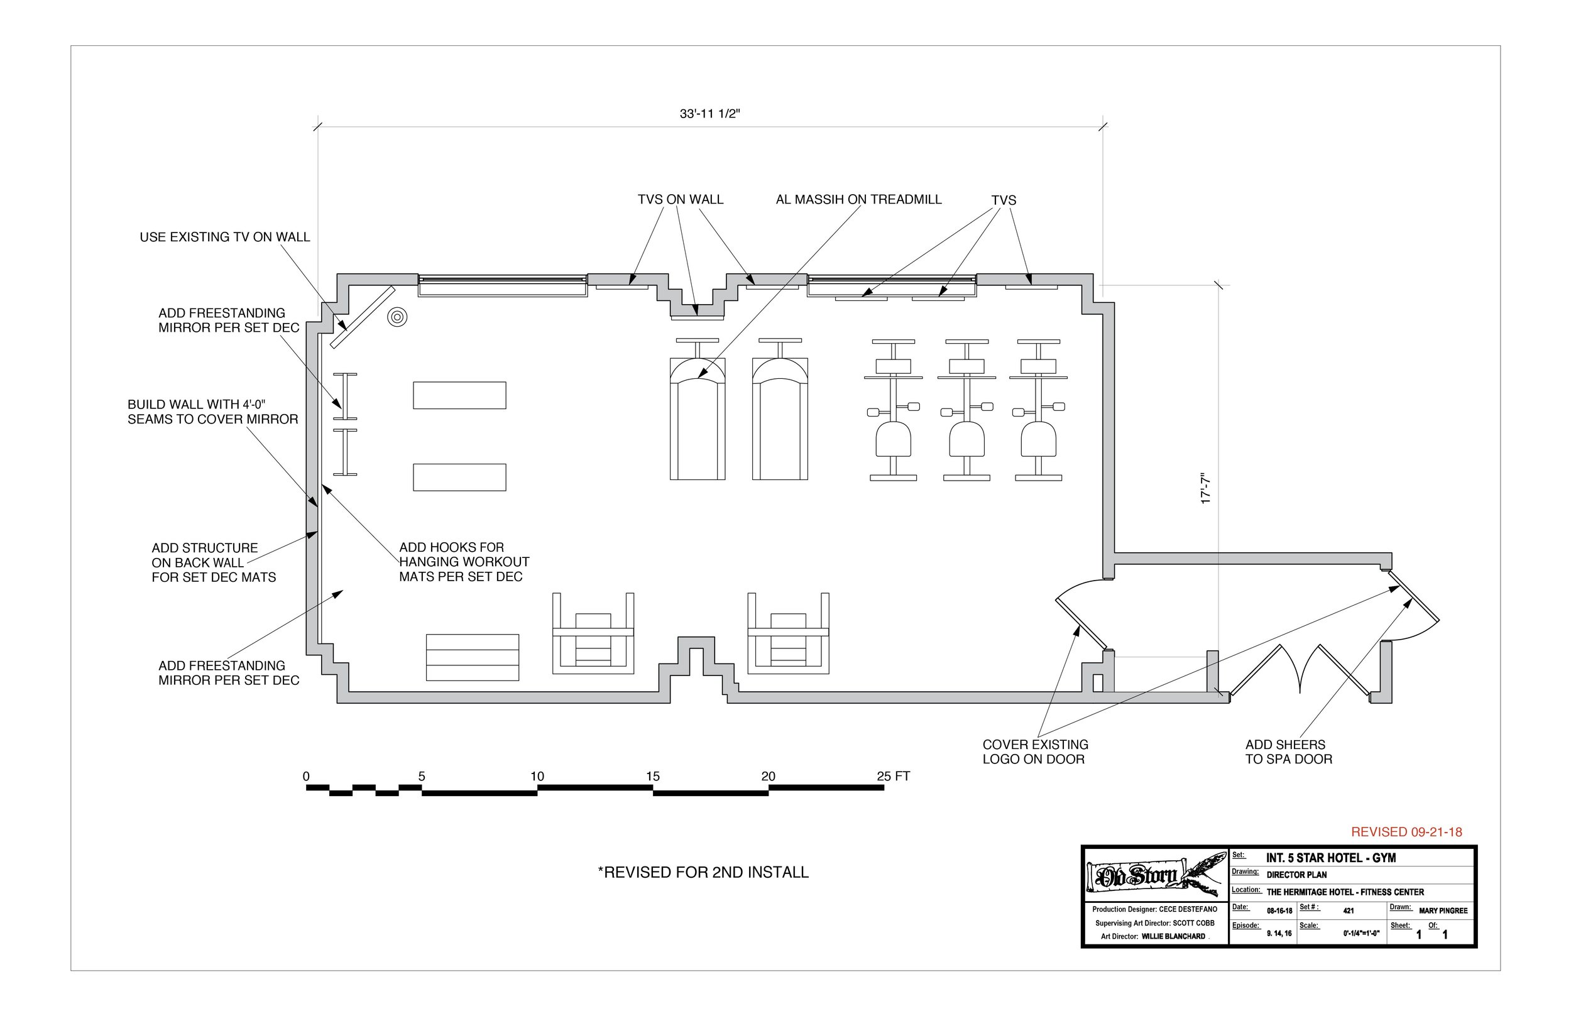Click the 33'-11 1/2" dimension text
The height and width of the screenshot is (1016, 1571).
(709, 114)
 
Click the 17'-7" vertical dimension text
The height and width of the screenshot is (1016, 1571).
(1205, 489)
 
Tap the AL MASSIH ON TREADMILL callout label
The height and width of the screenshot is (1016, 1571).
(858, 199)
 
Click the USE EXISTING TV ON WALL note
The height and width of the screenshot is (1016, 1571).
(224, 237)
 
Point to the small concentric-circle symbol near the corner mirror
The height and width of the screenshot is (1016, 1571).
(397, 317)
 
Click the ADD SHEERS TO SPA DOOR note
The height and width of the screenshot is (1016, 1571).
(1288, 751)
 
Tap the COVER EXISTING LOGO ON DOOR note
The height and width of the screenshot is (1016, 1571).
(1034, 751)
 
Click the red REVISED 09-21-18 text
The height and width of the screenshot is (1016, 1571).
(1406, 832)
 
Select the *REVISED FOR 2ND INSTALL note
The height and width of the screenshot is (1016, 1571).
(703, 872)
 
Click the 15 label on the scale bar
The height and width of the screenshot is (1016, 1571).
(652, 777)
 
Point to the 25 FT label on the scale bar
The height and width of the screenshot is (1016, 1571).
(893, 777)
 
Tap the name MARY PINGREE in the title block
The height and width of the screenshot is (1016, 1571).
(1443, 911)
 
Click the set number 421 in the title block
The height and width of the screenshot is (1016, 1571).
(1348, 911)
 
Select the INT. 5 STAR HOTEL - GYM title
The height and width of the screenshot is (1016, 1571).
(1330, 858)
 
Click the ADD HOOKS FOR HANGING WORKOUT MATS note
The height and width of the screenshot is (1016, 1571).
(463, 562)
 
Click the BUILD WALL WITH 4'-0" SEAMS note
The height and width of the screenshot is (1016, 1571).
(212, 412)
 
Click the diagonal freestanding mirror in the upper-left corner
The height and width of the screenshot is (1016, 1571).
(362, 317)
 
